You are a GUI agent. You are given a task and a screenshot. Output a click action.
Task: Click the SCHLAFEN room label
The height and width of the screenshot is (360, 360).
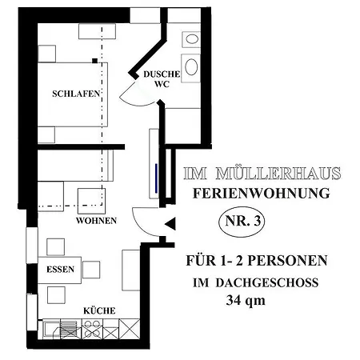pos(76,94)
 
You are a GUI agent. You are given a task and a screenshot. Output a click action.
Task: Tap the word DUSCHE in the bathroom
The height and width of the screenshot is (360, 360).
pos(162,74)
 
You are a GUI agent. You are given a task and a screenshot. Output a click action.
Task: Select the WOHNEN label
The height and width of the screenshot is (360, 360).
pos(96,221)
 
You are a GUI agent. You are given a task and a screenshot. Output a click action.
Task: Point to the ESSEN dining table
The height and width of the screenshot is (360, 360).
pos(60,270)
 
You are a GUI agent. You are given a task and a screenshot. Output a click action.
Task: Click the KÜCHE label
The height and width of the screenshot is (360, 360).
pos(99,310)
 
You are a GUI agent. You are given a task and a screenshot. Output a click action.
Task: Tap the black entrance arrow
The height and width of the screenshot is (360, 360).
pos(170,224)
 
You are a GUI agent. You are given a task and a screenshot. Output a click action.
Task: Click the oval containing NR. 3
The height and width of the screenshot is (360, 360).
pos(242,222)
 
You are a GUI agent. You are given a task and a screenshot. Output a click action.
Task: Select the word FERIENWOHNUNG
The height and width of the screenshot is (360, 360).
pos(262,194)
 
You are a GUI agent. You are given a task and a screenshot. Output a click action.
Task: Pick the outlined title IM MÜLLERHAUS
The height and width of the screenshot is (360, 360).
pos(262,174)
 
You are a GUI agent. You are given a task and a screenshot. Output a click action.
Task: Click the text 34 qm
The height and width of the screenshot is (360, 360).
pos(246,301)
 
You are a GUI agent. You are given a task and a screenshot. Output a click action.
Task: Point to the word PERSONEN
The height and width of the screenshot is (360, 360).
pos(287,261)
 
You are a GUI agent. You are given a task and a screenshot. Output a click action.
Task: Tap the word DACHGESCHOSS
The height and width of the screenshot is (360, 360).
pos(267,283)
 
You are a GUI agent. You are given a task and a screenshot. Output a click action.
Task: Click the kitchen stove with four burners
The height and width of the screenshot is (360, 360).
pos(92,329)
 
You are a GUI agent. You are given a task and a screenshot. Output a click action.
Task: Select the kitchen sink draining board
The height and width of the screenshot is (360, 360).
pos(69,330)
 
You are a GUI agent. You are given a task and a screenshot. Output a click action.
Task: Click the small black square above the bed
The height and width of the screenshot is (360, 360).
pos(94,61)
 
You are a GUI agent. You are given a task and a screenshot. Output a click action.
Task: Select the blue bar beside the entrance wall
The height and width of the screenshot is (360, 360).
pos(157,178)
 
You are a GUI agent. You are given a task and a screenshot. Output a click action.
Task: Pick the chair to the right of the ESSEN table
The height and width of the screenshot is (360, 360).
pos(91,270)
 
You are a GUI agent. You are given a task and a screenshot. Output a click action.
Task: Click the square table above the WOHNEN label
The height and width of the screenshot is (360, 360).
pos(91,201)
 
